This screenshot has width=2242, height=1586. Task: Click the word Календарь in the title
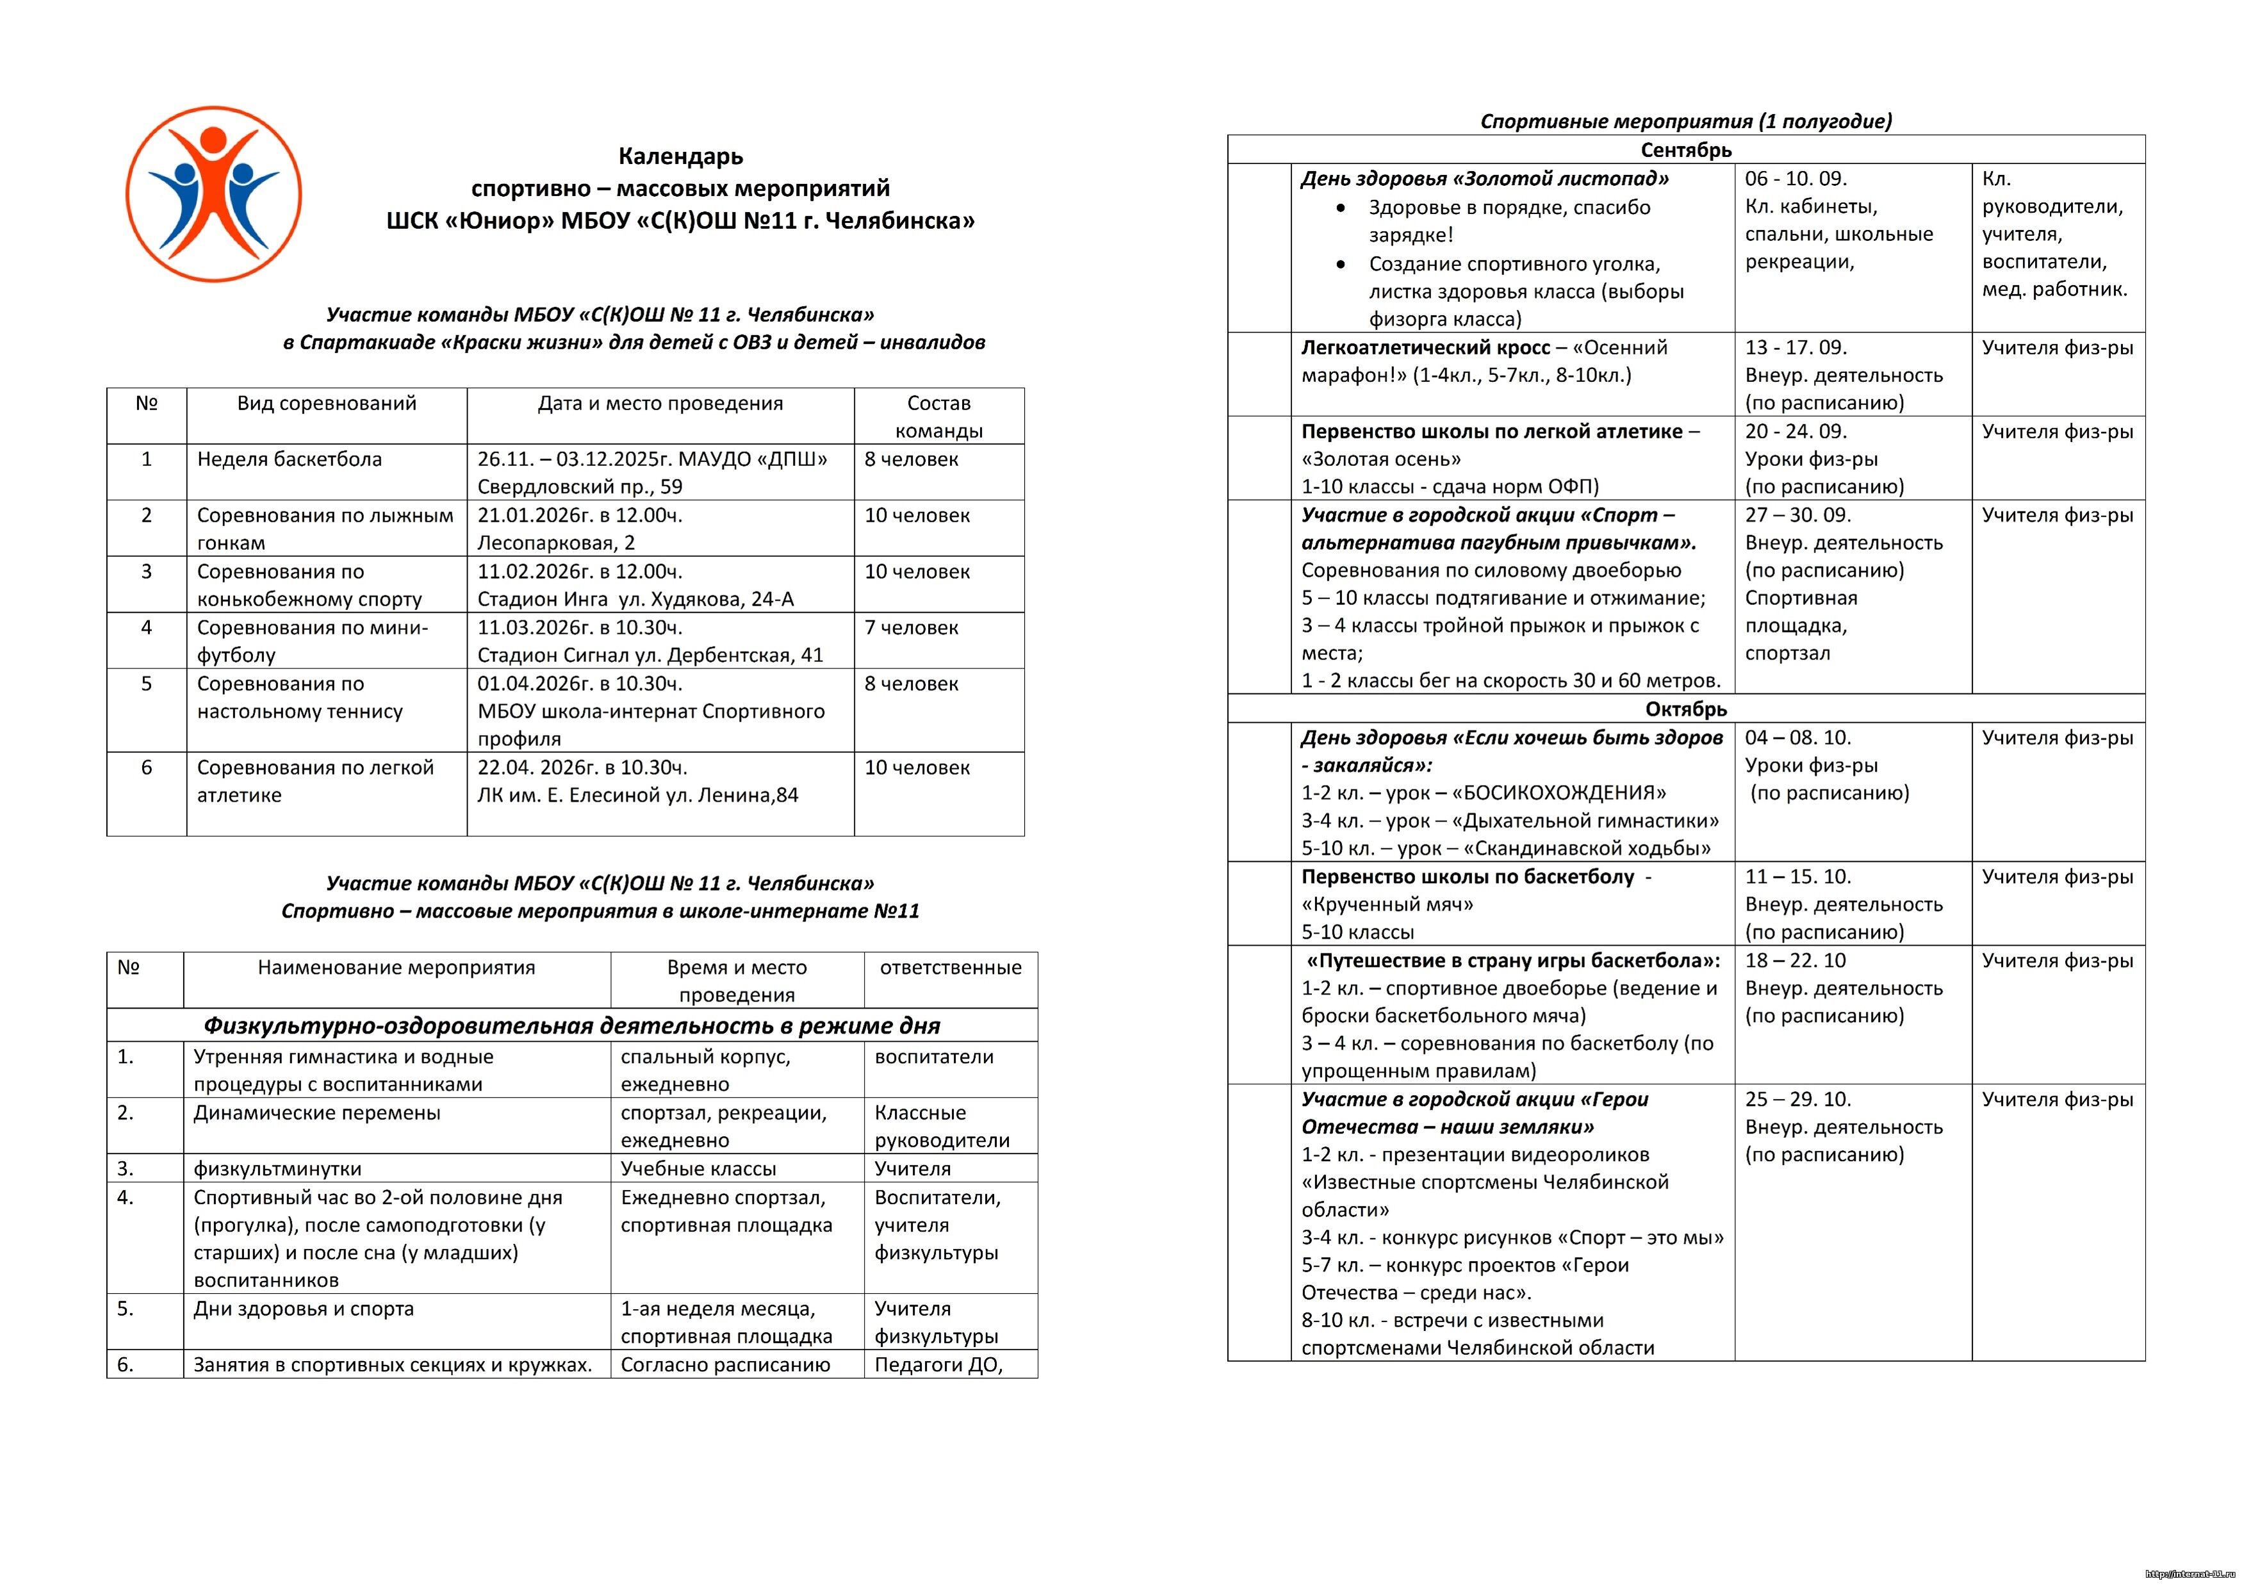tap(680, 156)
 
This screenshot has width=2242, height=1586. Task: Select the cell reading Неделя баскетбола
tap(289, 459)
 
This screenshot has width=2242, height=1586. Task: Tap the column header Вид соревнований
tap(326, 403)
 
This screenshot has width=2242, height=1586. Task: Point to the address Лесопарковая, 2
tap(555, 543)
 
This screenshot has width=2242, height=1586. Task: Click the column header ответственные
tap(950, 968)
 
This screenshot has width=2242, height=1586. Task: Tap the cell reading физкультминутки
tap(277, 1169)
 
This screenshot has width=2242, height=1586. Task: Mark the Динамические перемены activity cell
tap(316, 1113)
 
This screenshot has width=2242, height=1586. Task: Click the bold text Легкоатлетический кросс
tap(1426, 348)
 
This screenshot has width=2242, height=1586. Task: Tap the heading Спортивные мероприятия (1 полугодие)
tap(1685, 121)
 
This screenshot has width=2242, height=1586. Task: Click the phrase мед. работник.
tap(2054, 289)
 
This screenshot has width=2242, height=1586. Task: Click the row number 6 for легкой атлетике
tap(147, 768)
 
